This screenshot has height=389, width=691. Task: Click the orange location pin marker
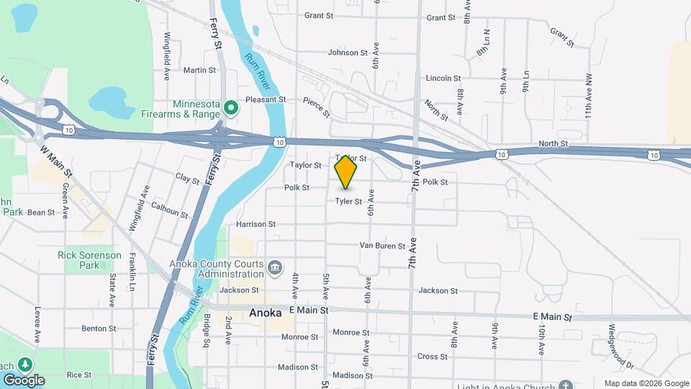[346, 171]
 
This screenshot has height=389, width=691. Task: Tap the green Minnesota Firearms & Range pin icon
[231, 109]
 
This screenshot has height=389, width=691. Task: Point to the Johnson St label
[348, 53]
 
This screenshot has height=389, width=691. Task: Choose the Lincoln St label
[443, 78]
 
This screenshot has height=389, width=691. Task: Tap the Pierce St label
[316, 107]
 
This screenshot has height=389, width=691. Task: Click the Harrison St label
[256, 224]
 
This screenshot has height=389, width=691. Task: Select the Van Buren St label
[382, 246]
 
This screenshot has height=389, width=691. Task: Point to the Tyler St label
[348, 202]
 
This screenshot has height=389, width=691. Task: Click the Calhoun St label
[170, 210]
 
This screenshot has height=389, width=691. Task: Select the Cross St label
[433, 357]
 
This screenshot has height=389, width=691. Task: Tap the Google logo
[24, 380]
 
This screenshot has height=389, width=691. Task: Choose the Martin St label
[199, 70]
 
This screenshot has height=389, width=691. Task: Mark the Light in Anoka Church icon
[566, 385]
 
